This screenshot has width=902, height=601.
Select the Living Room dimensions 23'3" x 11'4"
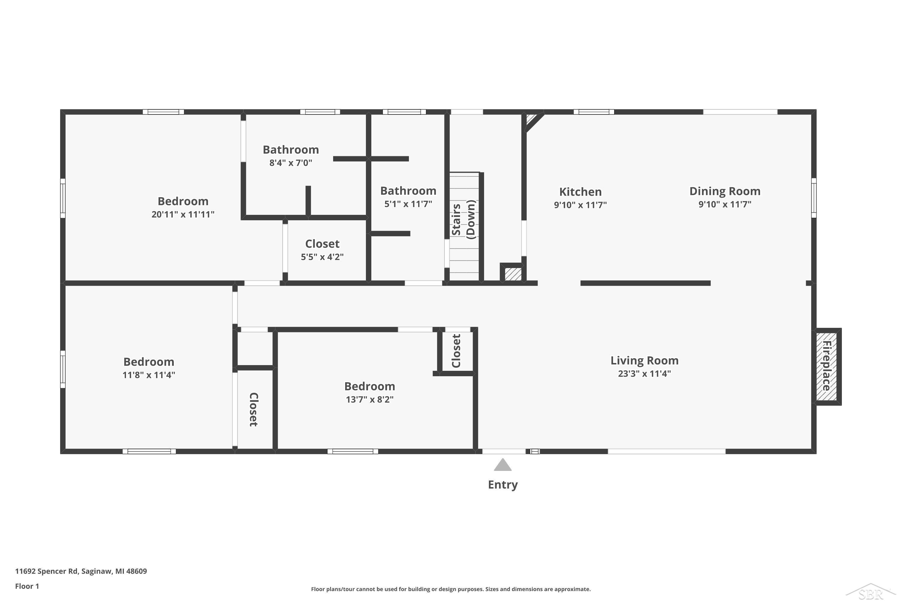coord(644,373)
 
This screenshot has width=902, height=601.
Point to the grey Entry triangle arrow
coord(502,465)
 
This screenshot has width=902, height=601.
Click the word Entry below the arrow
coord(502,484)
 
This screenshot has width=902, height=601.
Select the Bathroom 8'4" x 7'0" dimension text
coord(290,163)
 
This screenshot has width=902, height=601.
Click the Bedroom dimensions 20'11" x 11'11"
coord(183,214)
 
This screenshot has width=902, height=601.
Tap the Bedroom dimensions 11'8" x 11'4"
coord(149,374)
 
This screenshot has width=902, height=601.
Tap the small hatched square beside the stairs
coord(512,274)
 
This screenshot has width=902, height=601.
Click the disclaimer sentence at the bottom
coord(451,589)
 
